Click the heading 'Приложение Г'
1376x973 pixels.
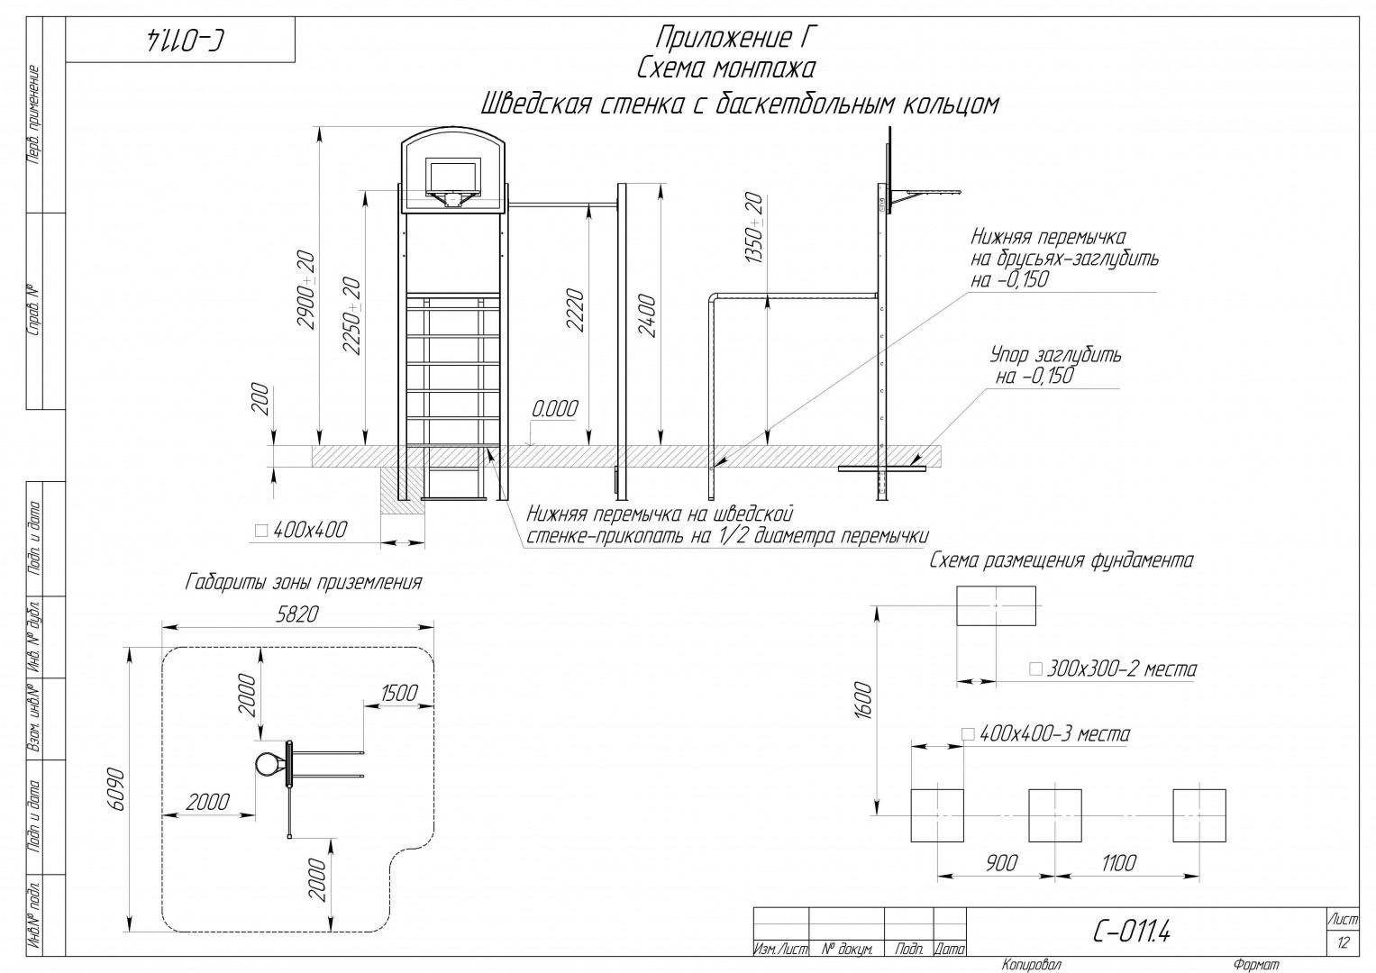736,38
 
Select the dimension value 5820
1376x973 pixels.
297,614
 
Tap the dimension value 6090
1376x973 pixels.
117,788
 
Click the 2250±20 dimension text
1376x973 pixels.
352,315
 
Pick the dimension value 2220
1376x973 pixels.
576,310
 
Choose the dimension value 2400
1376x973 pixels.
648,315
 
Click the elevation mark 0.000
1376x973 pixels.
555,408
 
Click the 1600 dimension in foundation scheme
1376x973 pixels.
863,700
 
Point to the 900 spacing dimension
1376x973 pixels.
1001,863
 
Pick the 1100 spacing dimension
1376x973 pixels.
1118,863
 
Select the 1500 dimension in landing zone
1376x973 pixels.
399,693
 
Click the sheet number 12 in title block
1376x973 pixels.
1343,942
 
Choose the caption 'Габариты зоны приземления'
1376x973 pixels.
304,582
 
